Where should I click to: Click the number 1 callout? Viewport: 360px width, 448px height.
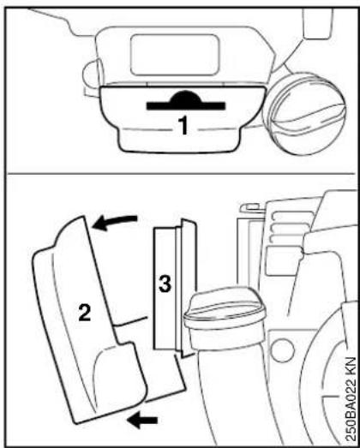(x=183, y=126)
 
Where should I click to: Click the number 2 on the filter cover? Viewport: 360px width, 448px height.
(x=85, y=313)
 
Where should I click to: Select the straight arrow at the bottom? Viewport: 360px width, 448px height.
(x=142, y=421)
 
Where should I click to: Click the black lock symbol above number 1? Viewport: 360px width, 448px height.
(x=186, y=100)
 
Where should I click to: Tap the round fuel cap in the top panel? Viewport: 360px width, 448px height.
(x=305, y=113)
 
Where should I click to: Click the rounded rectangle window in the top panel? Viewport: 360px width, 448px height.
(x=175, y=55)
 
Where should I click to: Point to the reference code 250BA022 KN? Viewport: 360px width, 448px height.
(x=351, y=399)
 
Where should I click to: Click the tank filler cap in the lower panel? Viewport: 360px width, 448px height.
(x=225, y=308)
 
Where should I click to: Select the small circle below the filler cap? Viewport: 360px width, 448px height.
(x=283, y=350)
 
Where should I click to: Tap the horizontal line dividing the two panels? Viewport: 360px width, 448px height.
(x=180, y=173)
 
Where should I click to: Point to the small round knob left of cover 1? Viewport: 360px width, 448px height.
(x=90, y=74)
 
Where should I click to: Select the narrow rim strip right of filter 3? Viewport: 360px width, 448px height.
(x=178, y=289)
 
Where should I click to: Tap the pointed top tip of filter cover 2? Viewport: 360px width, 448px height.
(x=83, y=217)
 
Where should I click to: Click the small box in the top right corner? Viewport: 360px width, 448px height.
(x=317, y=23)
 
